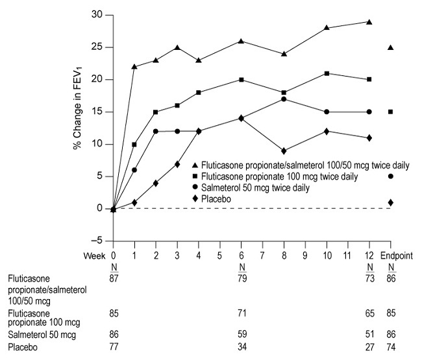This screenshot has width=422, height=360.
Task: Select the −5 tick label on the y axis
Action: pyautogui.click(x=97, y=241)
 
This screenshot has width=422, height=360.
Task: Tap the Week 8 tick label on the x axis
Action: pyautogui.click(x=284, y=255)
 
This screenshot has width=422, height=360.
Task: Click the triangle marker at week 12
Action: pyautogui.click(x=369, y=21)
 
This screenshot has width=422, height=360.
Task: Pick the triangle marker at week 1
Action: pyautogui.click(x=134, y=67)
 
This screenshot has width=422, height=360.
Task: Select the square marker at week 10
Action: pyautogui.click(x=327, y=73)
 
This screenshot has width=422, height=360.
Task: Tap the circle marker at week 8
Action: pyautogui.click(x=284, y=99)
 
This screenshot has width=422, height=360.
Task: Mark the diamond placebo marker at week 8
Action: pyautogui.click(x=284, y=150)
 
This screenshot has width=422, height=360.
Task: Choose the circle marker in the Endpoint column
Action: pyautogui.click(x=391, y=176)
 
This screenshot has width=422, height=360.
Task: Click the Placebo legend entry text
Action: pyautogui.click(x=217, y=198)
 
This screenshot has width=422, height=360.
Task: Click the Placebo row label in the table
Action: pyautogui.click(x=21, y=348)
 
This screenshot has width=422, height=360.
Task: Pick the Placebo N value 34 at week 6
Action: pyautogui.click(x=242, y=348)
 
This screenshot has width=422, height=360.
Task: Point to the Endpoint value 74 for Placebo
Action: pyautogui.click(x=391, y=348)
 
